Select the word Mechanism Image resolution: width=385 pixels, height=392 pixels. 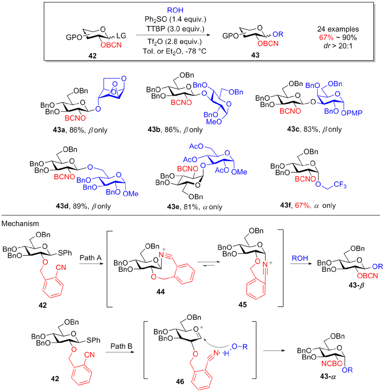click(x=17, y=224)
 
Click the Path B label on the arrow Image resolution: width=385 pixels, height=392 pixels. click(x=115, y=339)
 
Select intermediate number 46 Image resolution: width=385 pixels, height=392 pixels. click(x=188, y=379)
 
